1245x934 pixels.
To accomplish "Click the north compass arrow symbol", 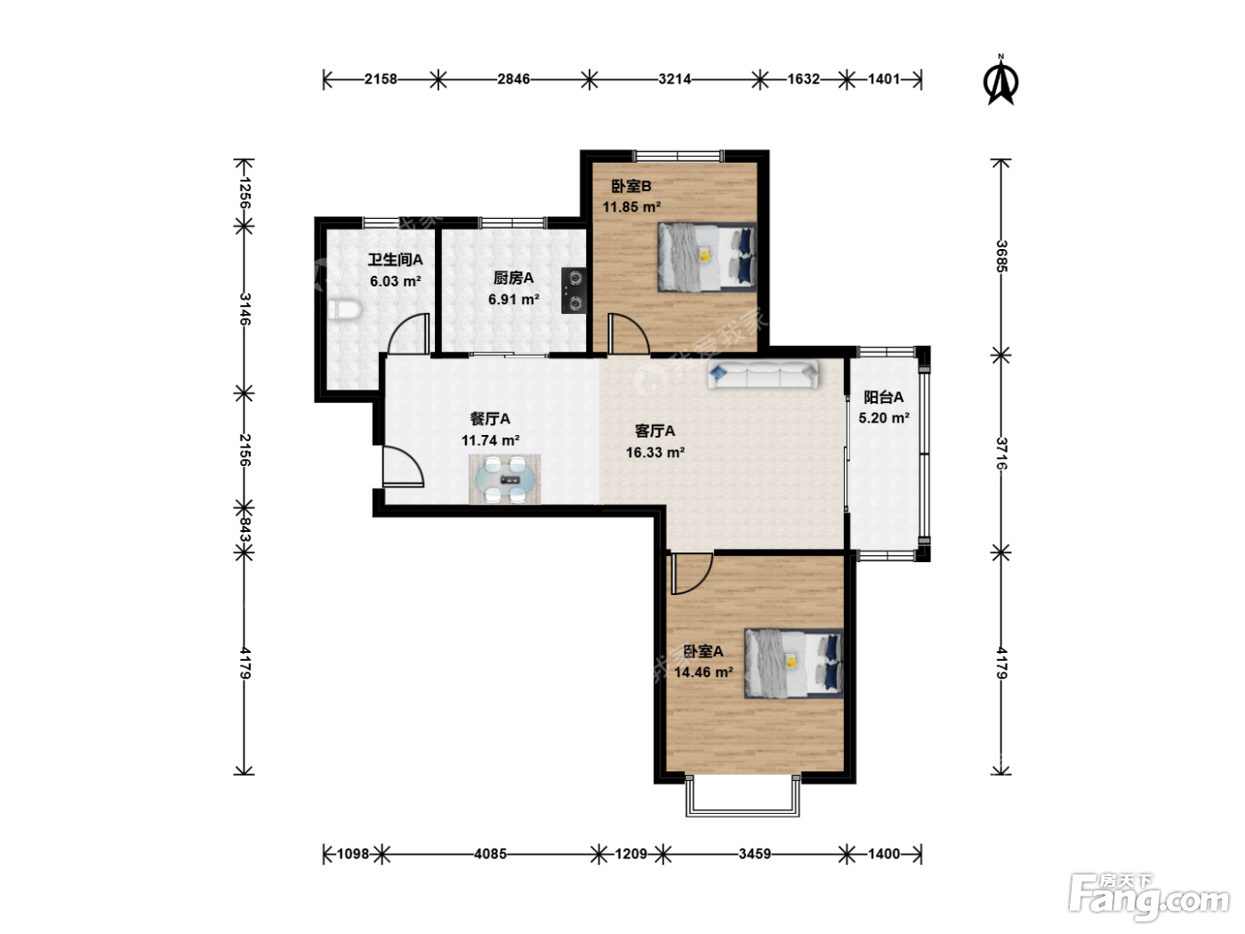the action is (x=1000, y=81).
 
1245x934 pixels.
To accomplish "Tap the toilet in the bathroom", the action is (x=344, y=310).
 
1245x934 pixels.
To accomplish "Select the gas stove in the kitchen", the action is (x=574, y=290).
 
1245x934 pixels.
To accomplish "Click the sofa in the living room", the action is (x=763, y=374).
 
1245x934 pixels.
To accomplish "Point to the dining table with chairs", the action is (x=504, y=479).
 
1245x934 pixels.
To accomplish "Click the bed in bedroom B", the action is (x=707, y=257).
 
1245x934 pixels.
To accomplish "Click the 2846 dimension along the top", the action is (x=513, y=79).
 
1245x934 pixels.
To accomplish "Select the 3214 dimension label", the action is (x=674, y=79).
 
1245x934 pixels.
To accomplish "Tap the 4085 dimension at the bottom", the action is (x=490, y=853).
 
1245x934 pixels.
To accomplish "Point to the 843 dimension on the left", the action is (x=245, y=529).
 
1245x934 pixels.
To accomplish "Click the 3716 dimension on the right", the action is (x=1001, y=454).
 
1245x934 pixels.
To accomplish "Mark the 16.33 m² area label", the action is (x=655, y=453).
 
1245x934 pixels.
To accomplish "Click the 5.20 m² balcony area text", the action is (x=884, y=418).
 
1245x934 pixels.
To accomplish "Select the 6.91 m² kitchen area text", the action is (x=513, y=299).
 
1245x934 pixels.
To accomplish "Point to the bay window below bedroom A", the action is (x=743, y=796).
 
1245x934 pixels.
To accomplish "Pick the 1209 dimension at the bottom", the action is (x=631, y=853).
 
